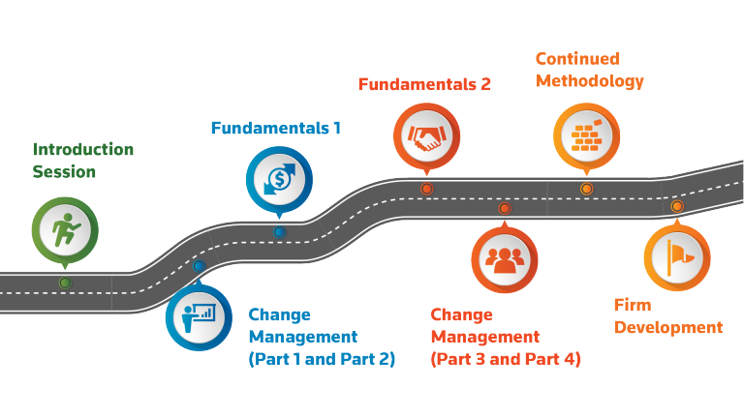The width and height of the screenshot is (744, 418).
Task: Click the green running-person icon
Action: [64, 228]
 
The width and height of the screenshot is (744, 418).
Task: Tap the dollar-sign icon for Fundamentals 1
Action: [279, 180]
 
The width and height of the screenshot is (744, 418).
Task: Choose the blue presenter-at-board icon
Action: [199, 315]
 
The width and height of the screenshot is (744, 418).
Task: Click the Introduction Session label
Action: [83, 161]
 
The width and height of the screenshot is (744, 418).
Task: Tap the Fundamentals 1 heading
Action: [277, 127]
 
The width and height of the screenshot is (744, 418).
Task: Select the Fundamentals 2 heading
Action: [424, 84]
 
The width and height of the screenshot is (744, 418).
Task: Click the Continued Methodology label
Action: [589, 70]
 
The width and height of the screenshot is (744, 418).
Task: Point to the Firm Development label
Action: [668, 316]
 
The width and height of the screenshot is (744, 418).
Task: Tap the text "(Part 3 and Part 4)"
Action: [505, 360]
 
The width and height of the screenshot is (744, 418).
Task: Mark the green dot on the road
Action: [65, 283]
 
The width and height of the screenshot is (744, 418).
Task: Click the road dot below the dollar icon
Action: [279, 232]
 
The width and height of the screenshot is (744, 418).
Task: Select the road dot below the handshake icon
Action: [426, 189]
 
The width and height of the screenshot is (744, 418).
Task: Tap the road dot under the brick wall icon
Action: [586, 189]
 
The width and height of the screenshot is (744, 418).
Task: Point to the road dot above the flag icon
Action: [676, 206]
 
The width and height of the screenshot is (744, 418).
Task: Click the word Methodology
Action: [589, 81]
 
